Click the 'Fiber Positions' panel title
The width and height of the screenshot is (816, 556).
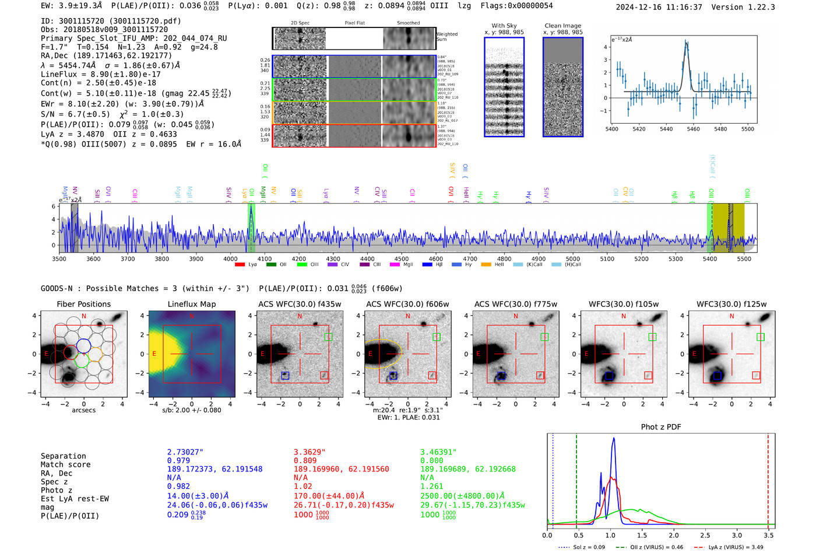(83, 304)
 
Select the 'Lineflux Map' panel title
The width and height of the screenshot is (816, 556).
(191, 304)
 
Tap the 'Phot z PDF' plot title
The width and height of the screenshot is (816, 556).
(660, 427)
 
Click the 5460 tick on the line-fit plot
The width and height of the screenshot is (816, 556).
(693, 129)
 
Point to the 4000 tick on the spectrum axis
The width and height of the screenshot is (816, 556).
(230, 258)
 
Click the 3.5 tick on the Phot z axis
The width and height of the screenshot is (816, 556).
(769, 535)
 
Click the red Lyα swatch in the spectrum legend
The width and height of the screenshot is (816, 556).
(240, 265)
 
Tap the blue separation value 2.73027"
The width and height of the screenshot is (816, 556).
(185, 452)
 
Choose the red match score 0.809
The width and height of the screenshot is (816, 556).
(305, 460)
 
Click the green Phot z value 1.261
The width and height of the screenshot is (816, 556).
(432, 486)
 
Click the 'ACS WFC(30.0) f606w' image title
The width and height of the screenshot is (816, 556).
(407, 304)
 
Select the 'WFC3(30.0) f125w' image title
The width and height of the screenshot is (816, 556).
(731, 304)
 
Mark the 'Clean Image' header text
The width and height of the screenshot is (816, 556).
(562, 26)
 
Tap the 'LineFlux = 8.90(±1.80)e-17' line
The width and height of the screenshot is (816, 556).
(101, 74)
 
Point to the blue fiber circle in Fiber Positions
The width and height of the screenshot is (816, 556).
(83, 345)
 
